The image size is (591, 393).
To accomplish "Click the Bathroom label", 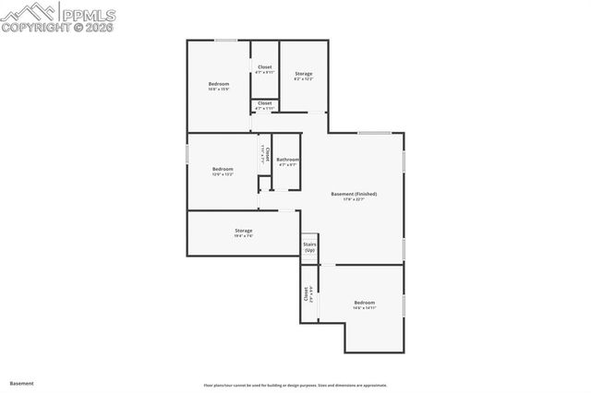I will (287, 161).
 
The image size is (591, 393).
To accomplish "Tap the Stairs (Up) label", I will (309, 247).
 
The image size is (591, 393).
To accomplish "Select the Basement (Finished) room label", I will (354, 194).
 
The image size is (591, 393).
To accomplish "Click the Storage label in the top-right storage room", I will (304, 74).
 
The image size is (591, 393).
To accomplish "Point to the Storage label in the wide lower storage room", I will (243, 231).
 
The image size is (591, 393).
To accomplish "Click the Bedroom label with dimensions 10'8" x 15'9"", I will (218, 84).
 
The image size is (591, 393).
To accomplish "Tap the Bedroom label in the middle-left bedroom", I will (223, 169).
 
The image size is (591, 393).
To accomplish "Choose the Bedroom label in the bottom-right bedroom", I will (365, 304).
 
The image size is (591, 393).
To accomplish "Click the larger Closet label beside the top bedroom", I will (265, 67).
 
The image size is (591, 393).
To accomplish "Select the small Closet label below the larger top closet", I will (265, 103).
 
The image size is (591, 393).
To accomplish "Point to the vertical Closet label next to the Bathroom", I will (266, 154).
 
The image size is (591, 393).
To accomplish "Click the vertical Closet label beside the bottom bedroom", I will (306, 294).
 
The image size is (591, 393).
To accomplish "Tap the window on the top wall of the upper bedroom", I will (226, 40).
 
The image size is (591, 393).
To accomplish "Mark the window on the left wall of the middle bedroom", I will (187, 154).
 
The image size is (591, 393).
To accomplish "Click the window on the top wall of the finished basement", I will (374, 133).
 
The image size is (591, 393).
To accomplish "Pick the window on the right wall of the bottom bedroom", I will (404, 305).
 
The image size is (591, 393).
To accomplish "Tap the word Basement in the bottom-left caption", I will (21, 382).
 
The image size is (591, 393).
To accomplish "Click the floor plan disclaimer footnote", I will (295, 385).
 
